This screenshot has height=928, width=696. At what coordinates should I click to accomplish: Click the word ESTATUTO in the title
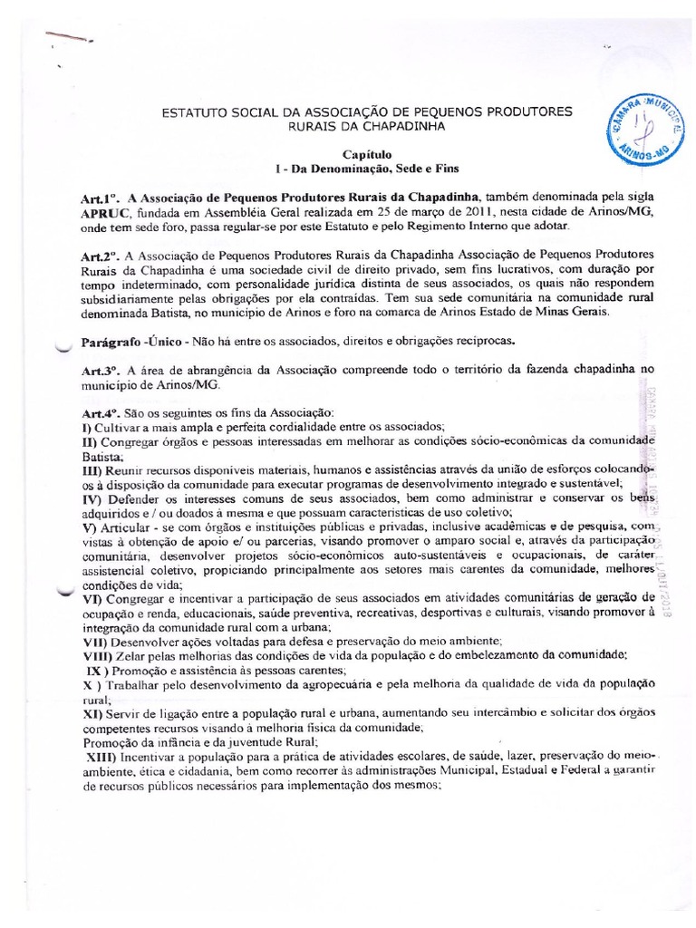click(194, 111)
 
